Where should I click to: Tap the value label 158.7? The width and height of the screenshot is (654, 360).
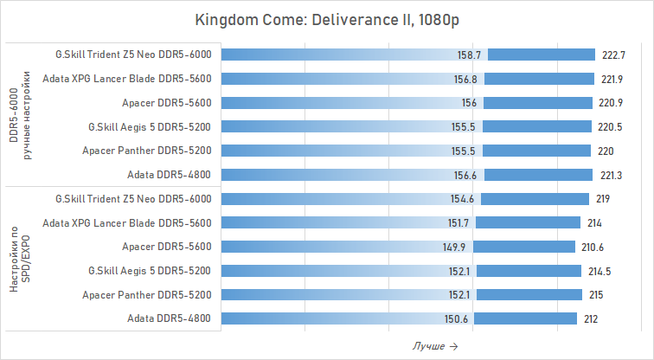click(471, 55)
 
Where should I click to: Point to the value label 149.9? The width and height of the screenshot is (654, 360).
click(455, 247)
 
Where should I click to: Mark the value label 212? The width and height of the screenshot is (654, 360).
click(591, 319)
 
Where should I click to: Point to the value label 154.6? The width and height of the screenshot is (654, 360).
click(459, 199)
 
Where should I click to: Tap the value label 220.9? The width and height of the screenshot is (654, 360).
click(611, 103)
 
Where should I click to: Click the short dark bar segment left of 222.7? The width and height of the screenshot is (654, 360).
click(542, 55)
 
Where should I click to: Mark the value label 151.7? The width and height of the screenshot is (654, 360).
click(457, 223)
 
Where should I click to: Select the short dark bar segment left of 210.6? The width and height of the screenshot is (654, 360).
click(524, 247)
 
